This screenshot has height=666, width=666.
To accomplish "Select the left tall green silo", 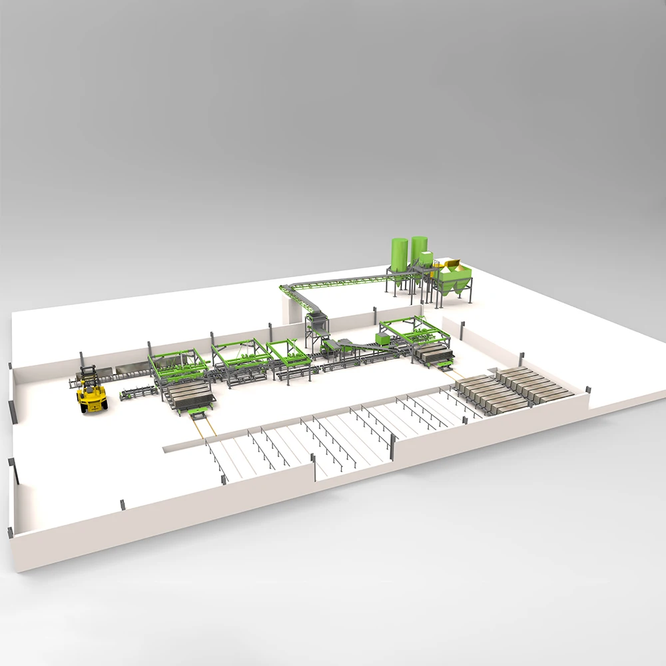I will coord(399,256).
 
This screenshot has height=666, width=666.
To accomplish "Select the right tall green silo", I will coord(419,251).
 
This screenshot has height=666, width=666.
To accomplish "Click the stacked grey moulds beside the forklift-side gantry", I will coord(190,393).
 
